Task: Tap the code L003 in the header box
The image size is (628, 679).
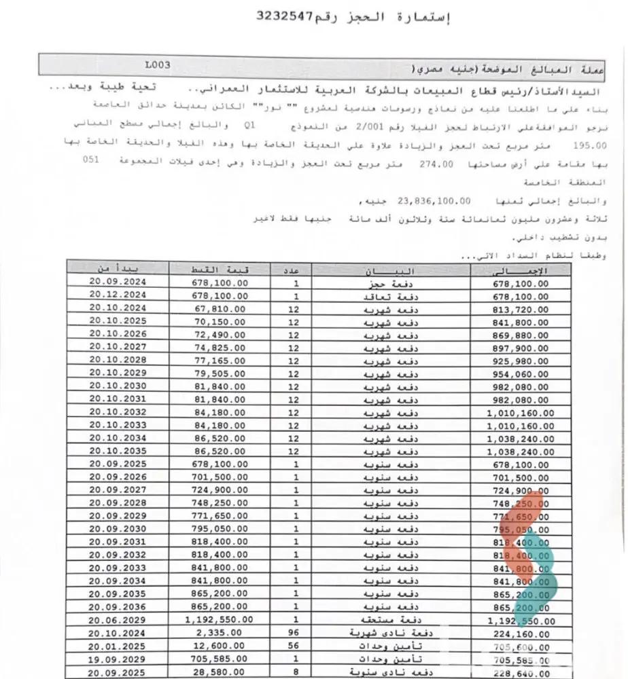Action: point(157,65)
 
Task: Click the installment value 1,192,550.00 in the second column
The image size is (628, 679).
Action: point(219,619)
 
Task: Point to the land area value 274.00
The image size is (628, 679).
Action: point(436,165)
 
